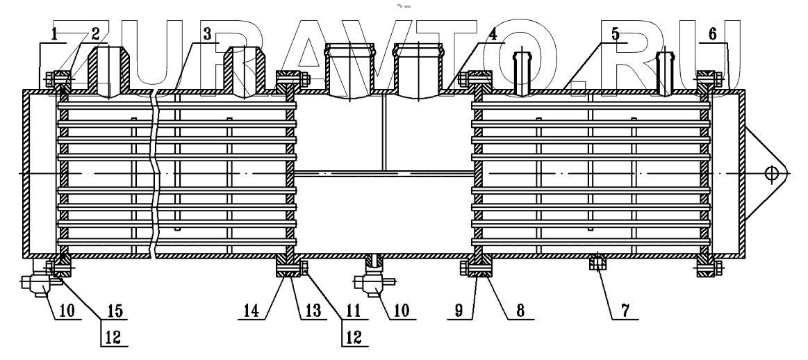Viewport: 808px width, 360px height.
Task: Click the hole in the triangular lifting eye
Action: coord(770,173)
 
